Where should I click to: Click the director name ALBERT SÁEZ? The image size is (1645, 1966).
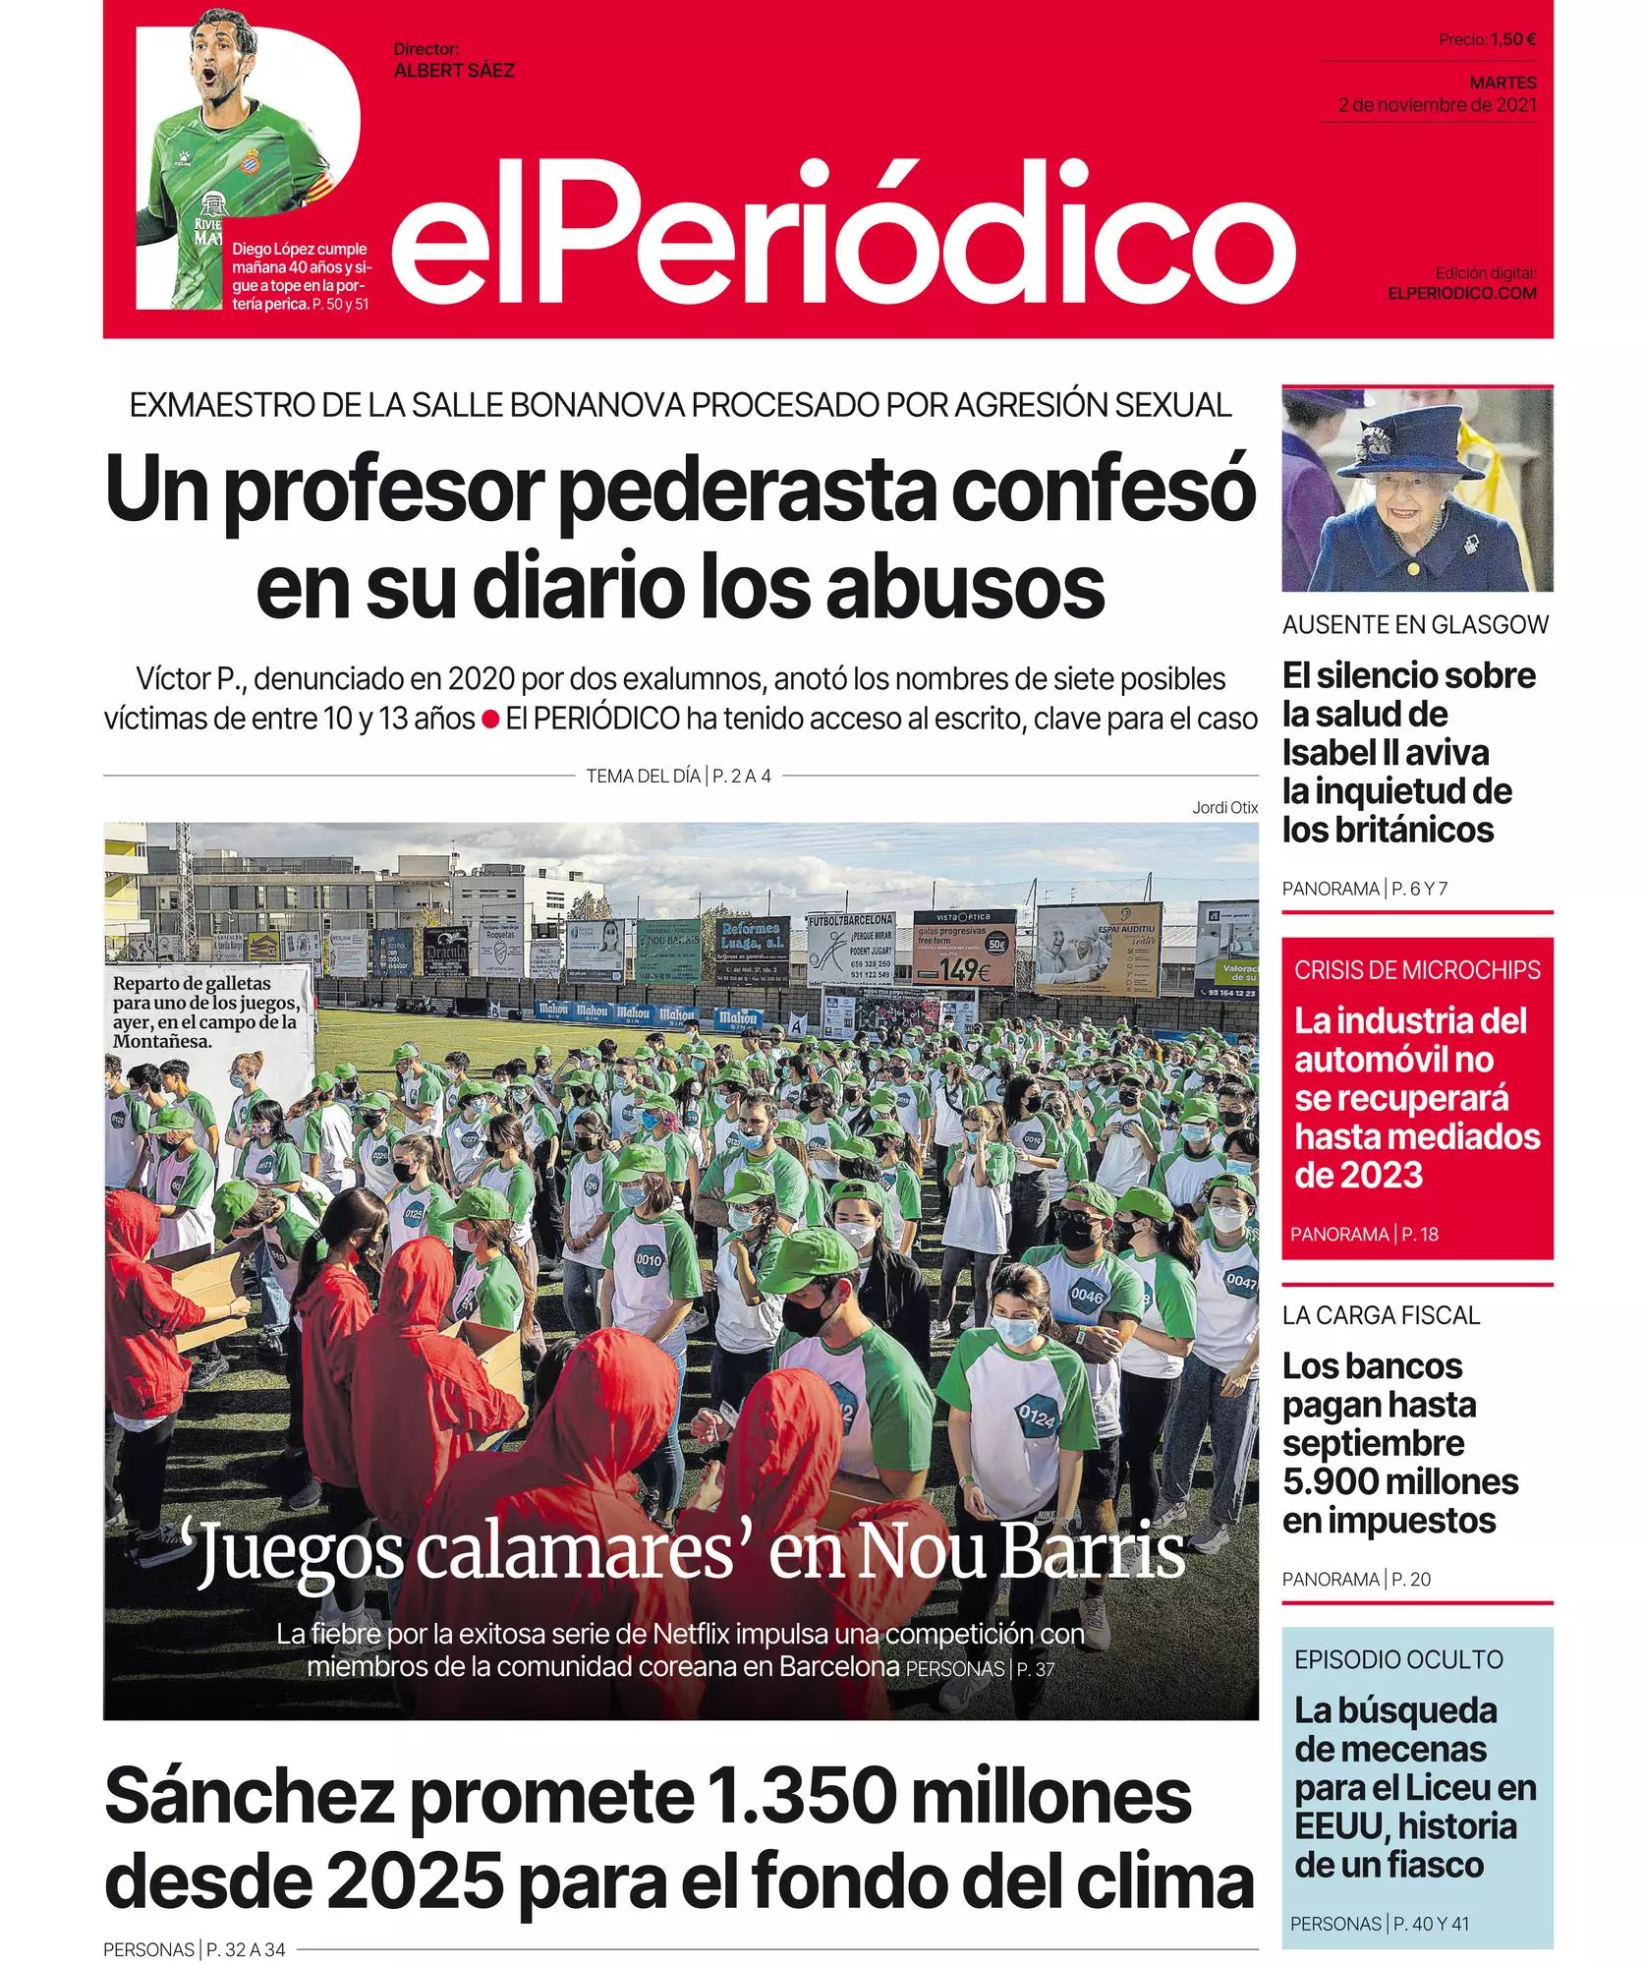(453, 71)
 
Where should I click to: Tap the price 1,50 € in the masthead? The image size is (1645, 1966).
(1512, 39)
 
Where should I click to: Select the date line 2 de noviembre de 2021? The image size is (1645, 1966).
(1437, 105)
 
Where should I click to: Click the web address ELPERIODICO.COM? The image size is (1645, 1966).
(1461, 293)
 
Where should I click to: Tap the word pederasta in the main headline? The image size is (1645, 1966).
(746, 491)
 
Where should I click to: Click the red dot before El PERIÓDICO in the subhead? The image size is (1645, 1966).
(490, 720)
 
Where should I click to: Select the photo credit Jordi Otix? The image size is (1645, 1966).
(1224, 807)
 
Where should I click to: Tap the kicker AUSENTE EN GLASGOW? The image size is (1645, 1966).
(1415, 625)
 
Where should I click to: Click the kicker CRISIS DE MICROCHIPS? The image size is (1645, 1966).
(1417, 970)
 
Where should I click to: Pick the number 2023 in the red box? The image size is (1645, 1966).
(1378, 1175)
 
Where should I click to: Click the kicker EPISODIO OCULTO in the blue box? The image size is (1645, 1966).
(1398, 1659)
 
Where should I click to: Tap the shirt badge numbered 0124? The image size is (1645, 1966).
(1036, 1417)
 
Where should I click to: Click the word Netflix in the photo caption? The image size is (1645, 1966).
(692, 1634)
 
